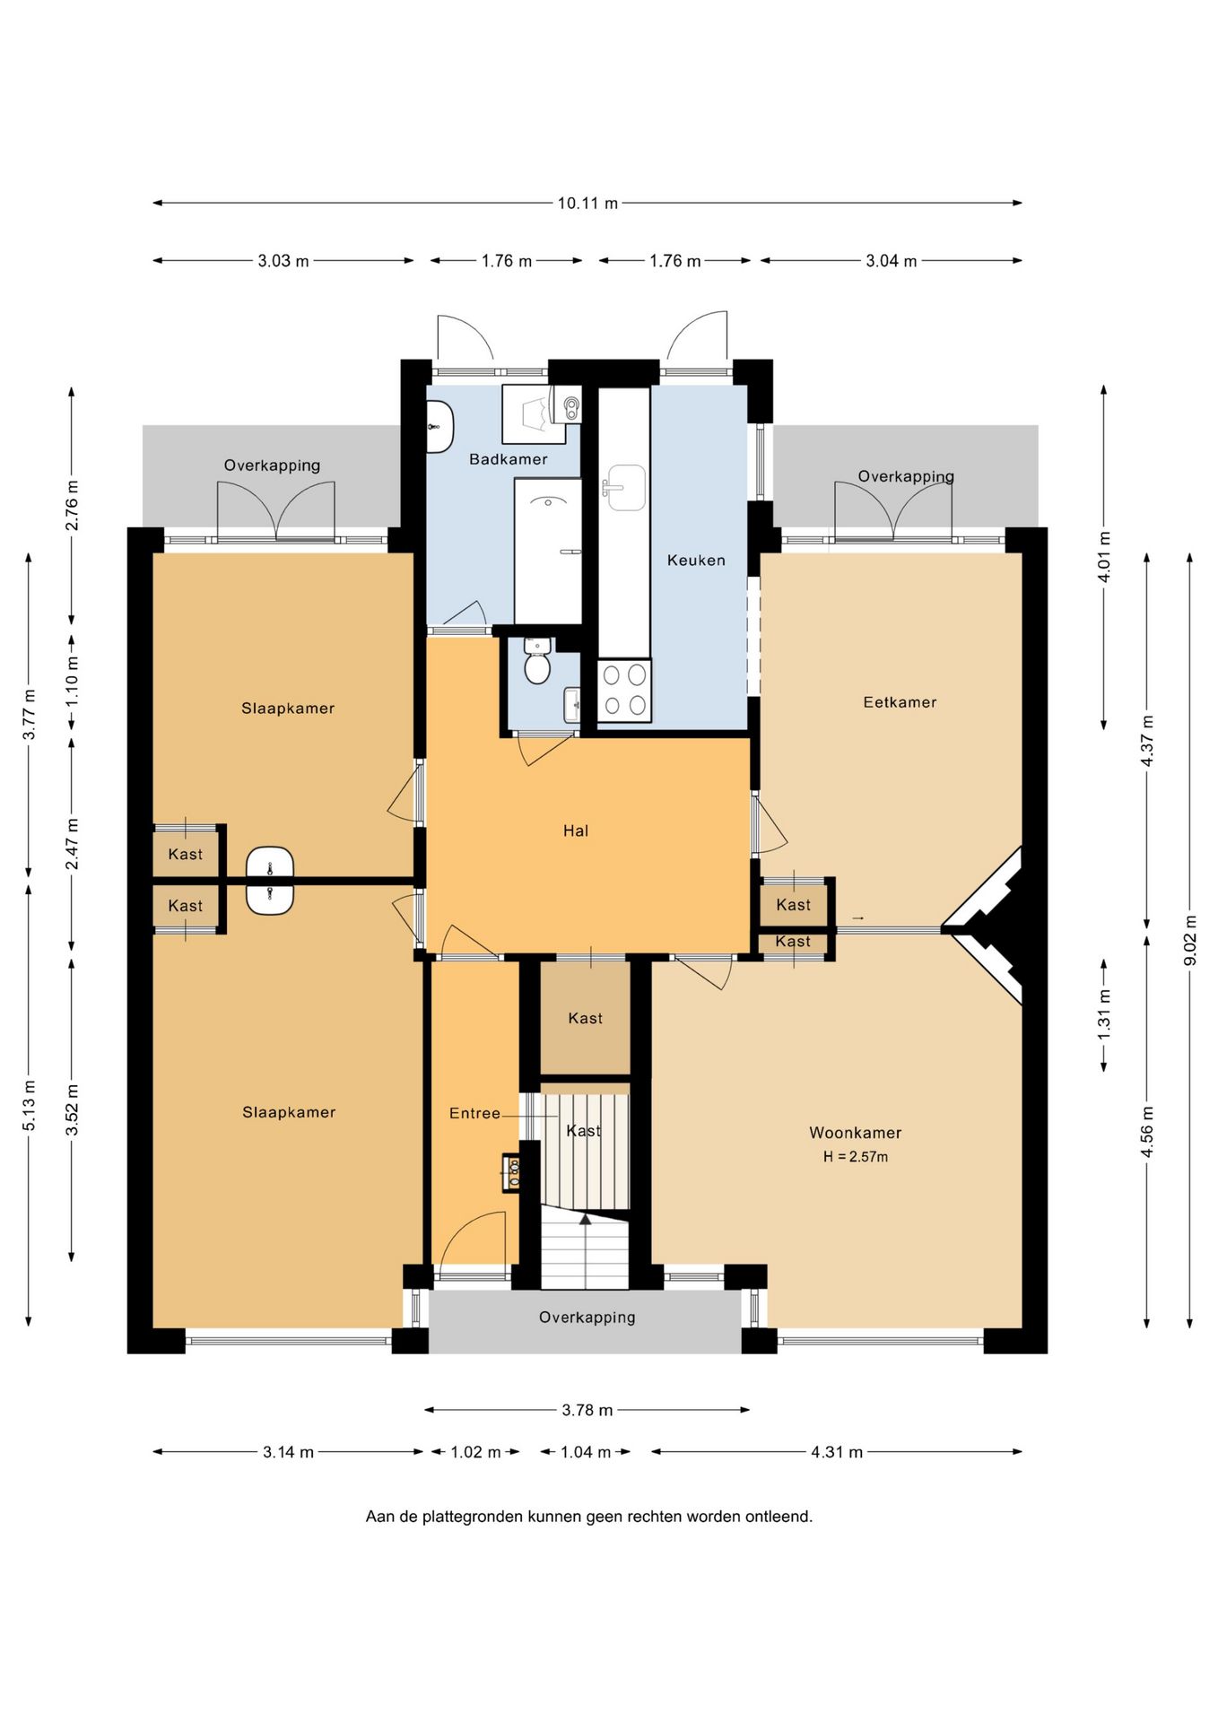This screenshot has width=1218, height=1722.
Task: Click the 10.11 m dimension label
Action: (x=587, y=204)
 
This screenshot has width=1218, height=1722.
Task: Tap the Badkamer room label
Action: (x=509, y=459)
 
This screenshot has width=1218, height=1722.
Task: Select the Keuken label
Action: (x=696, y=561)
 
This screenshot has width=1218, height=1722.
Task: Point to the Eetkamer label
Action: (x=900, y=702)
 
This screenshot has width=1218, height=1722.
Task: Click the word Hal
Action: (x=576, y=831)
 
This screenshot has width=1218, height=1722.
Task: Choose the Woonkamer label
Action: (x=856, y=1133)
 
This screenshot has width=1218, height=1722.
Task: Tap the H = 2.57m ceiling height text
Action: (x=856, y=1157)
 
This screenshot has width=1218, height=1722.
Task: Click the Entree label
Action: (x=474, y=1113)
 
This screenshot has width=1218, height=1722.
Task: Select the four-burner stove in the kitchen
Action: (x=624, y=690)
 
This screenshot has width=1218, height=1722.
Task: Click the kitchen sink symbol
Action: (x=625, y=488)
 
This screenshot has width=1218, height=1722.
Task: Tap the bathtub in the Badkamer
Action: (x=548, y=552)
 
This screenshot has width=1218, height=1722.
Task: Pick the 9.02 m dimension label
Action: (x=1190, y=940)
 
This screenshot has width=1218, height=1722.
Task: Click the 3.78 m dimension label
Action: (x=587, y=1410)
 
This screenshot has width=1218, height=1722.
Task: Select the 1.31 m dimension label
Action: (x=1104, y=1014)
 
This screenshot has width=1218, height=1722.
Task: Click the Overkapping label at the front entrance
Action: (x=587, y=1318)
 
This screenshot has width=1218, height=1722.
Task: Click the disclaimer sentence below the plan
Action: (x=589, y=1517)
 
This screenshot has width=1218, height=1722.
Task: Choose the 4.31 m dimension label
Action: (x=837, y=1452)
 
